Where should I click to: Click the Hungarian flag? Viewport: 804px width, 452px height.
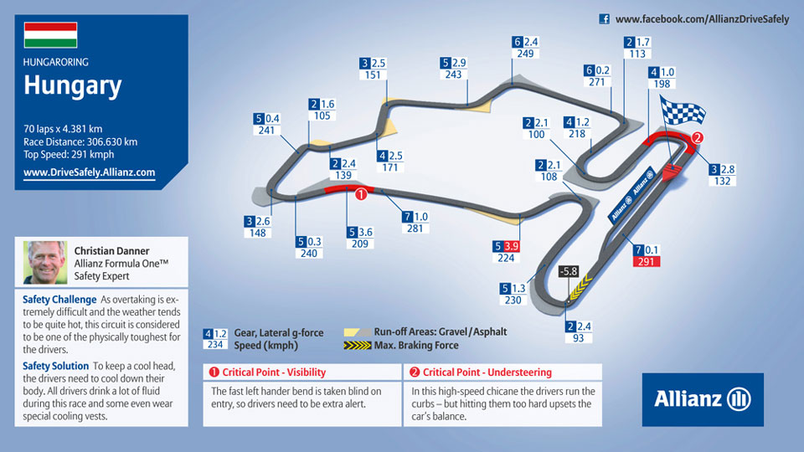(x=50, y=35)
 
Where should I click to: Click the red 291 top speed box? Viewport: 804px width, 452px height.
(x=646, y=261)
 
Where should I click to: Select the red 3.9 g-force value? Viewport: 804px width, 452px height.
(x=513, y=246)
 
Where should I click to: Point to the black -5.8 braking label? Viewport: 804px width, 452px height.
(x=568, y=271)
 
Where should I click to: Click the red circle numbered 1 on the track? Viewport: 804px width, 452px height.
(x=361, y=194)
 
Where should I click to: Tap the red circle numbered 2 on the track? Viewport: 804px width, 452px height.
(x=697, y=137)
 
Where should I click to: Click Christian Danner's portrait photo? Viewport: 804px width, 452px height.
(x=45, y=262)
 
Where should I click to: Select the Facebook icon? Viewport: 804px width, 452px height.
(x=605, y=19)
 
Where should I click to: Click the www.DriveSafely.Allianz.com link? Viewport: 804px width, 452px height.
(x=90, y=172)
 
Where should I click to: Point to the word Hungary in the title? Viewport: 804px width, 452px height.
(x=72, y=85)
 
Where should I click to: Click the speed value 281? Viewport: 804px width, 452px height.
(x=415, y=229)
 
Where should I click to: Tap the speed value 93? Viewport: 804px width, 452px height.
(x=579, y=338)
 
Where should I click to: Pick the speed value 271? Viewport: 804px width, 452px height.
(x=597, y=82)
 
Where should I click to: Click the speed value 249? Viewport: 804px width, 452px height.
(x=525, y=54)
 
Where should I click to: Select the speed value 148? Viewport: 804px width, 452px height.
(x=257, y=234)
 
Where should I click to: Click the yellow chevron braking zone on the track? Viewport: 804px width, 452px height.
(x=580, y=287)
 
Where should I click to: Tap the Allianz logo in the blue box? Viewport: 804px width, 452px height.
(x=703, y=399)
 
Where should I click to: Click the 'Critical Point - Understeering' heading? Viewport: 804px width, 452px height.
(x=487, y=372)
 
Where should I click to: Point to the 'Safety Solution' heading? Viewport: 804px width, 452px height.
(x=56, y=366)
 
